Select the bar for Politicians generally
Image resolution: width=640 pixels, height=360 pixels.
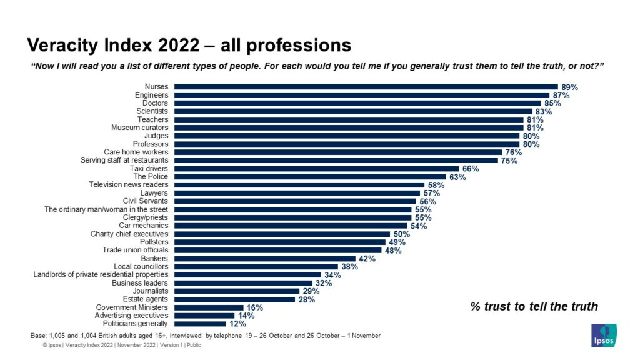(x=200, y=324)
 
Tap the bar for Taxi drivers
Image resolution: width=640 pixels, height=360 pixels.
(x=317, y=169)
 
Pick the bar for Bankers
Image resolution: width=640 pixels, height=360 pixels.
(x=265, y=258)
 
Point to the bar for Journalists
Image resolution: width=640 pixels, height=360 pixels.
(x=237, y=291)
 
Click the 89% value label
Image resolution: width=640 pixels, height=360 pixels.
(x=569, y=87)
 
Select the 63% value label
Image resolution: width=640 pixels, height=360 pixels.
(x=457, y=177)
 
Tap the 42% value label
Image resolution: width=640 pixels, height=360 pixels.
(x=366, y=259)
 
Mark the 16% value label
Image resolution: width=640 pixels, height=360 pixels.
(x=254, y=307)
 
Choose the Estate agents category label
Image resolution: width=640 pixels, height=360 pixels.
(x=146, y=299)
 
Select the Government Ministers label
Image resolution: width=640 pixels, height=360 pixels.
(x=131, y=307)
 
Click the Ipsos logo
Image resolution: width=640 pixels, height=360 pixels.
(x=604, y=334)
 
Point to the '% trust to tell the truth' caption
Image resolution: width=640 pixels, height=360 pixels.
(x=534, y=306)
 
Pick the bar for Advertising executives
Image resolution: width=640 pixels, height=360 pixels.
(x=204, y=316)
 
